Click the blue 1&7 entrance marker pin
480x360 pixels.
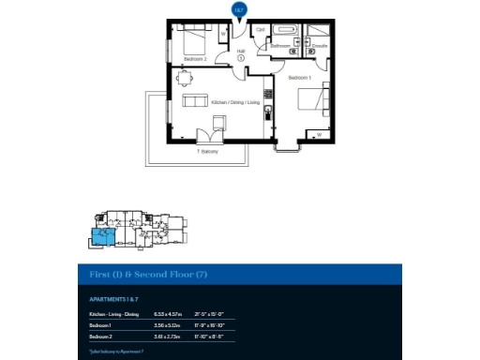239,9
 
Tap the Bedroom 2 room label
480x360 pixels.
195,59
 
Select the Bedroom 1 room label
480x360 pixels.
300,77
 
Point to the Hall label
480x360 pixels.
240,52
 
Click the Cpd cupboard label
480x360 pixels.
262,28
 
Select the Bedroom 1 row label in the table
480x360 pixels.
99,323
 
